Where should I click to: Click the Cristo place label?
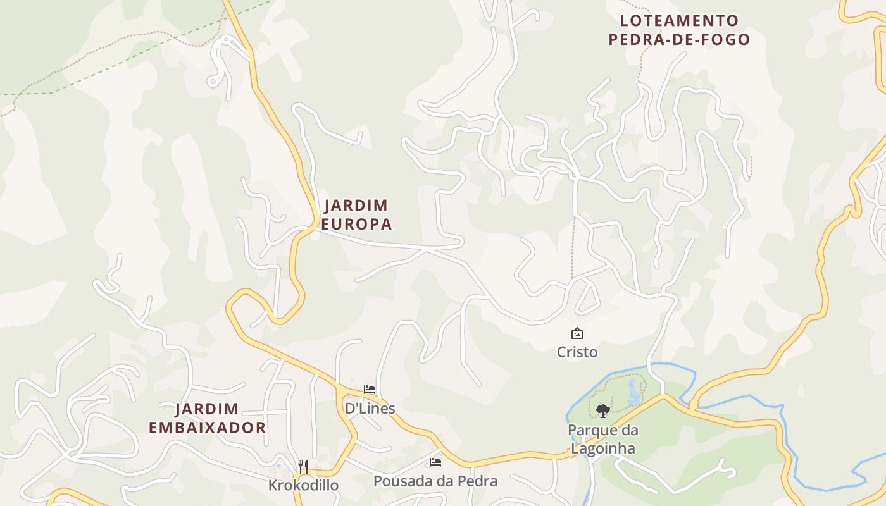click(x=577, y=352)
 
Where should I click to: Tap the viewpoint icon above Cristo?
click(x=577, y=333)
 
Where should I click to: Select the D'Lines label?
click(x=370, y=409)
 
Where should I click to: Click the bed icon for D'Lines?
click(x=370, y=390)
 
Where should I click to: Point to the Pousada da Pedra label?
click(x=435, y=481)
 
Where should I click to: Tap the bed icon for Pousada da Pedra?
click(x=435, y=462)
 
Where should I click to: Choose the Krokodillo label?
click(x=303, y=485)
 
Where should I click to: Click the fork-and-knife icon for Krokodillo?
click(x=303, y=467)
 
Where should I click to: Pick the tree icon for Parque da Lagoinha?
click(x=603, y=410)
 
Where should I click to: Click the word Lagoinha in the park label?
click(x=603, y=448)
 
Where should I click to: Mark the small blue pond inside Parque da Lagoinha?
click(x=633, y=392)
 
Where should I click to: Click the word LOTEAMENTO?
click(x=679, y=21)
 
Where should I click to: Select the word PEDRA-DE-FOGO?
click(x=679, y=40)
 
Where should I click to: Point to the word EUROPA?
click(x=356, y=224)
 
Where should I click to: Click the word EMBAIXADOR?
click(x=208, y=428)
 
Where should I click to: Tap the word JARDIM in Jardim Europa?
click(x=356, y=206)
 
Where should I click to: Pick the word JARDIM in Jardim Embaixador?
click(x=208, y=409)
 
